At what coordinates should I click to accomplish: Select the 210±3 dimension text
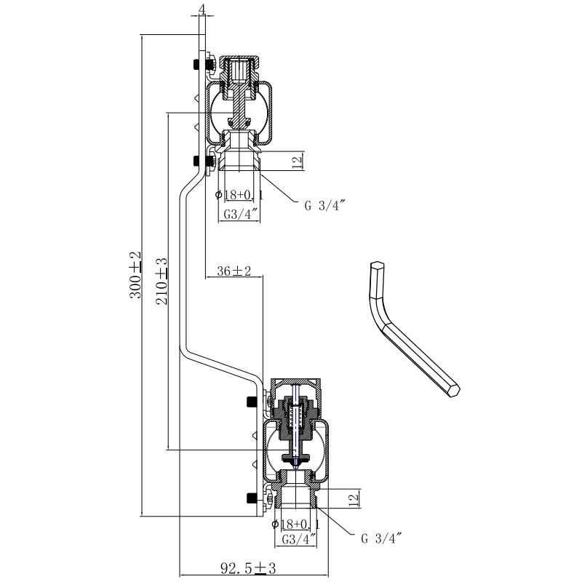point(162,279)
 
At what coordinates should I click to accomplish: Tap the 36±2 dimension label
point(234,271)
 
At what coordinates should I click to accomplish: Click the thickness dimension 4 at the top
point(202,9)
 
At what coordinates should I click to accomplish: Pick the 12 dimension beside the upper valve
point(296,162)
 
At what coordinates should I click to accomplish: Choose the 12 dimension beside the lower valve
point(353,499)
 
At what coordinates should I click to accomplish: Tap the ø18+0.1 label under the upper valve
point(240,194)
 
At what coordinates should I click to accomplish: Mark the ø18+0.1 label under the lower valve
point(296,524)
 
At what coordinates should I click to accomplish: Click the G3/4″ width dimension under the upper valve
point(239,214)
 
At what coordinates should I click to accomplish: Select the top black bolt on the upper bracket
point(196,64)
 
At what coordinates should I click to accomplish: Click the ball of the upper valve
point(237,106)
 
